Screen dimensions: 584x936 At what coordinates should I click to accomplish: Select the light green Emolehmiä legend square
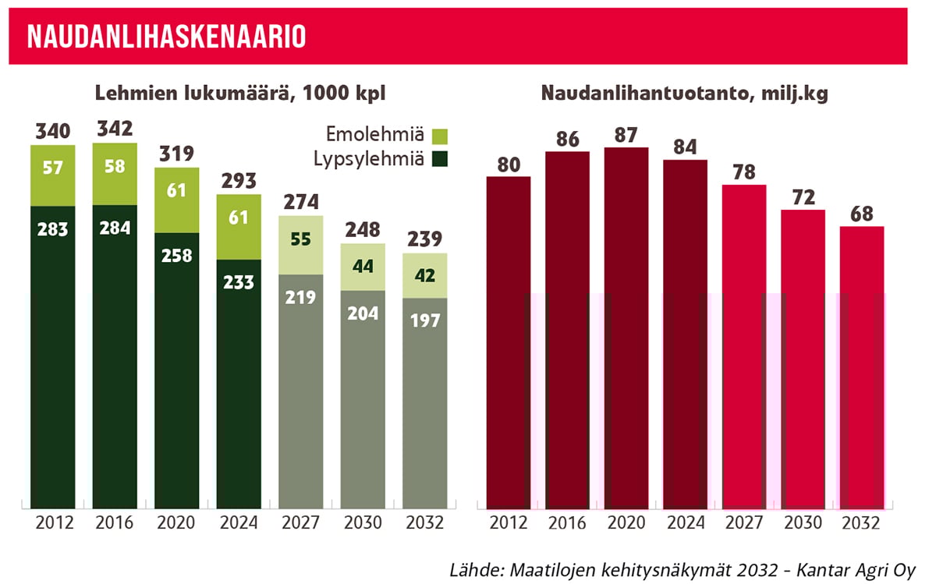[439, 136]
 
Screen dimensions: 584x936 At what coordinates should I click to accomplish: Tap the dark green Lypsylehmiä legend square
[439, 161]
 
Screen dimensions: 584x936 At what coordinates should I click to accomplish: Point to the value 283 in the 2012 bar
[53, 229]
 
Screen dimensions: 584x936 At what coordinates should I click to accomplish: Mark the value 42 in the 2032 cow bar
[424, 275]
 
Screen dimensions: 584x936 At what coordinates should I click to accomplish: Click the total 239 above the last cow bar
[424, 239]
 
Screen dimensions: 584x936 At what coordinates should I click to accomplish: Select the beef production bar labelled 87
[626, 327]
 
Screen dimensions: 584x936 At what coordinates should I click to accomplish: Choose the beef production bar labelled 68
[862, 366]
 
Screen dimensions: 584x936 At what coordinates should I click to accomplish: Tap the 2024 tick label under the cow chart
[239, 522]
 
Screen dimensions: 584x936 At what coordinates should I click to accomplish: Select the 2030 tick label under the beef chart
[803, 522]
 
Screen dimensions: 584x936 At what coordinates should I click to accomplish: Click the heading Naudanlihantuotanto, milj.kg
[685, 94]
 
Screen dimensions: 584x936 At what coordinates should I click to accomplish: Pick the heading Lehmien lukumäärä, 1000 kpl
[241, 94]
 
